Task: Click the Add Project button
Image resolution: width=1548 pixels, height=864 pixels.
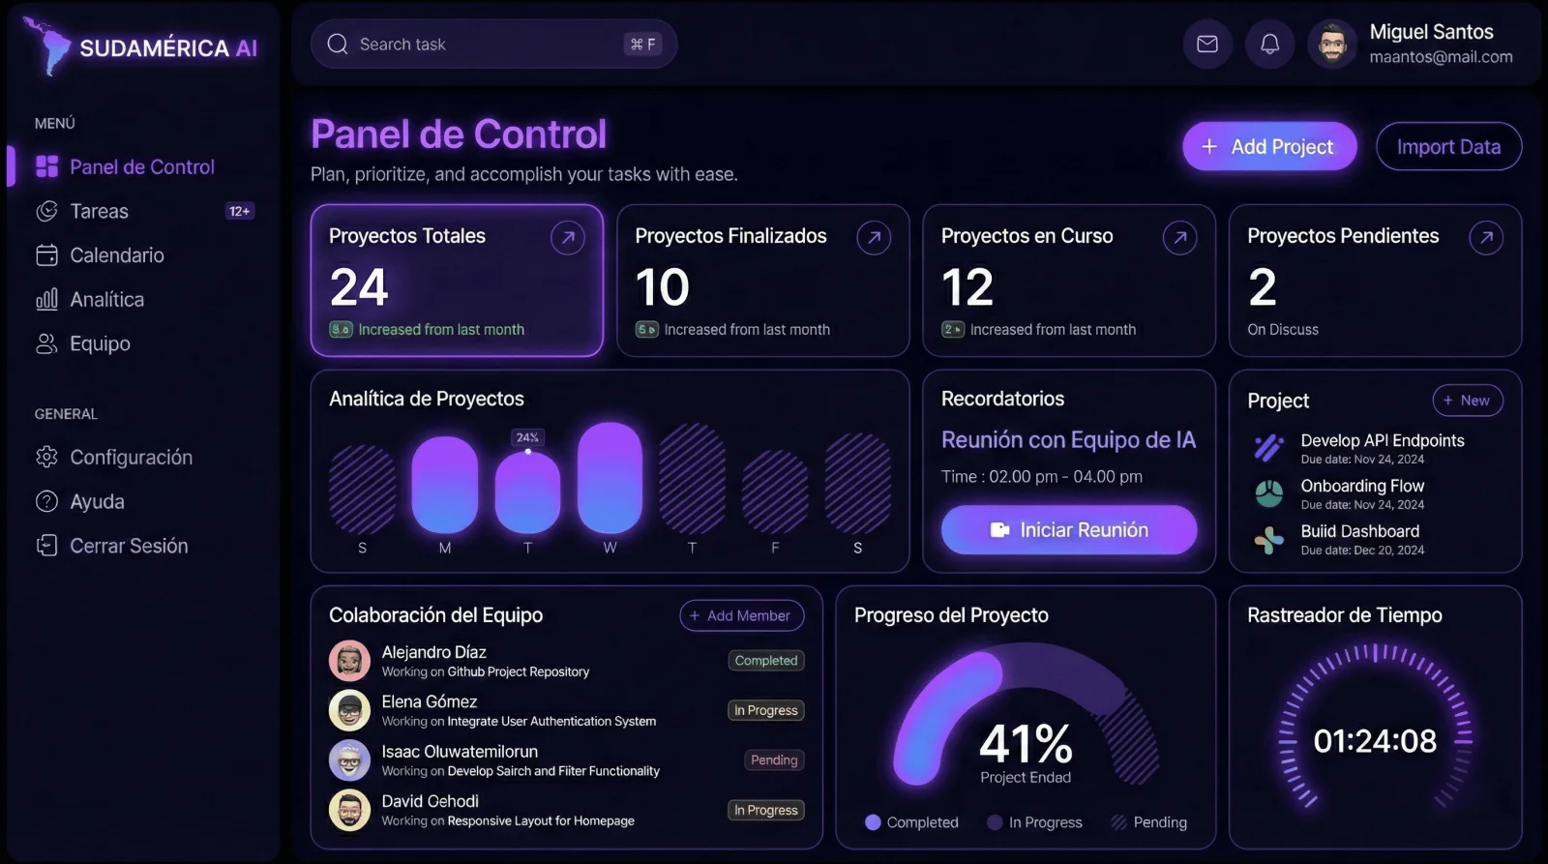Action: click(x=1268, y=147)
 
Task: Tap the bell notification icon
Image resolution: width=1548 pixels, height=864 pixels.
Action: click(x=1269, y=45)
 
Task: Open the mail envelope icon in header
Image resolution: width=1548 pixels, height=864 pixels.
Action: click(x=1206, y=45)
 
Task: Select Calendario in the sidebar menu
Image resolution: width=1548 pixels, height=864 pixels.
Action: click(x=116, y=255)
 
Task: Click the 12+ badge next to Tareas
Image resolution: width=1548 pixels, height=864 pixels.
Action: click(x=239, y=211)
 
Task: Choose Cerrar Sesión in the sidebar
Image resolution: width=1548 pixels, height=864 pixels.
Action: click(x=128, y=546)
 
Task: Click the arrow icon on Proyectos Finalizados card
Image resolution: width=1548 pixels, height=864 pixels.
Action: click(x=873, y=238)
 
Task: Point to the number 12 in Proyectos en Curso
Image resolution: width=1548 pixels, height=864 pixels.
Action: click(x=967, y=287)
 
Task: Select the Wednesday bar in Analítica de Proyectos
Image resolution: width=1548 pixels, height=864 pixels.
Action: click(x=610, y=478)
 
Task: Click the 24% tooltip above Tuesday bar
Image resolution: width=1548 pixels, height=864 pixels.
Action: click(x=527, y=437)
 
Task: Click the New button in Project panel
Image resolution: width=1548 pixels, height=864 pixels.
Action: click(x=1467, y=401)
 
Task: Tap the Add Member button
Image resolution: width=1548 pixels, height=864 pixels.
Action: click(x=741, y=615)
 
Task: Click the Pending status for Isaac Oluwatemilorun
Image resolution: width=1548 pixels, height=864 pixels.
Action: click(x=774, y=760)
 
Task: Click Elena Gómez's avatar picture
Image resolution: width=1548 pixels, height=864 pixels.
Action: click(x=349, y=710)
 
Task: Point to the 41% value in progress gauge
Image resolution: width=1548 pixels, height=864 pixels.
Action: click(x=1026, y=744)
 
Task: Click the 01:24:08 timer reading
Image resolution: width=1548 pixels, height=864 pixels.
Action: click(x=1374, y=741)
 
